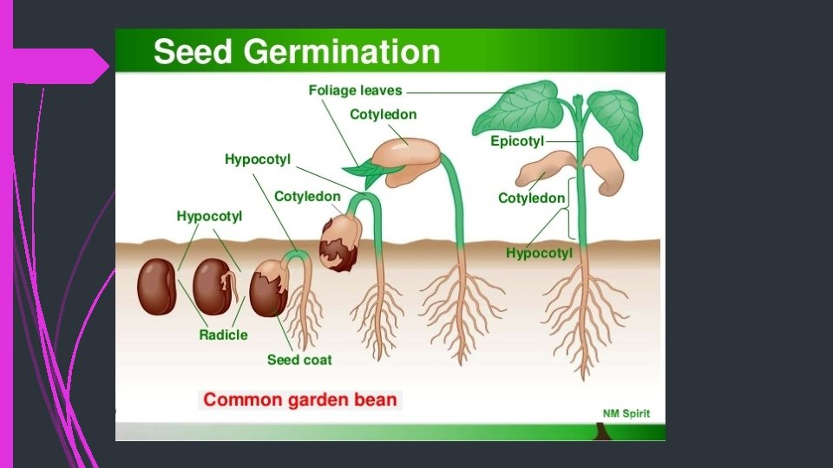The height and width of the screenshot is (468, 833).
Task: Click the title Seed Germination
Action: click(297, 52)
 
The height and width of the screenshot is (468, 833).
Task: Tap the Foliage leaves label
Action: click(356, 91)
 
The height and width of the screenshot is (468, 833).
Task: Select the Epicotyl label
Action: click(517, 141)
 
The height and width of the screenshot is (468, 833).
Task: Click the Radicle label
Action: click(223, 335)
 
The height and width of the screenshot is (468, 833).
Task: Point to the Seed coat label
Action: click(299, 360)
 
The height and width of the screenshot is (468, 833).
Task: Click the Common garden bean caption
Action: click(300, 400)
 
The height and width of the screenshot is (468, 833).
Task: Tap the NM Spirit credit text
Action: click(626, 413)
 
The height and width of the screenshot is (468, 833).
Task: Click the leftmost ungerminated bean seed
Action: click(157, 286)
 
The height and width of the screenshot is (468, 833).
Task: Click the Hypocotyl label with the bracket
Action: click(539, 253)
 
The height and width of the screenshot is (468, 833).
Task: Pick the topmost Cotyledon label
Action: click(383, 114)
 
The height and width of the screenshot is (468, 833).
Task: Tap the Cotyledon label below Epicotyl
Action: click(531, 198)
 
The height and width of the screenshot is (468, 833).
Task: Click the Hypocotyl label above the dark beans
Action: click(209, 216)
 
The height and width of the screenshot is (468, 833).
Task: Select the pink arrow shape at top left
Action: click(61, 66)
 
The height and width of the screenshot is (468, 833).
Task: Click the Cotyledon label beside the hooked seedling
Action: click(307, 197)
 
